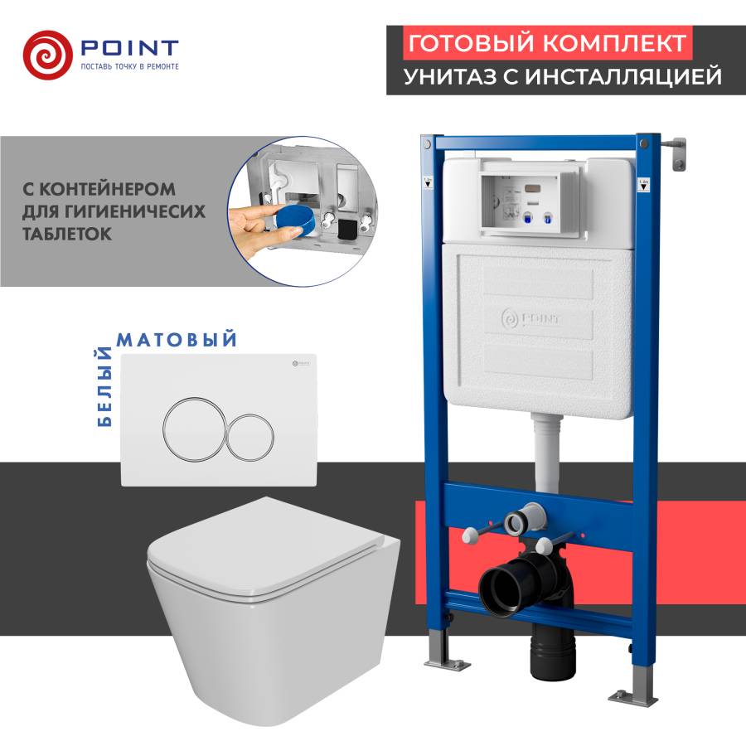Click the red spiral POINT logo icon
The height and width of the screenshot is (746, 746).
48,52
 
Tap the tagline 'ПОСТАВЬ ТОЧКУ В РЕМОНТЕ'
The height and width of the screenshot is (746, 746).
128,66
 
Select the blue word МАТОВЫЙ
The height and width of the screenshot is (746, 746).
177,340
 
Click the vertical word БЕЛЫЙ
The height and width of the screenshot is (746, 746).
105,386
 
